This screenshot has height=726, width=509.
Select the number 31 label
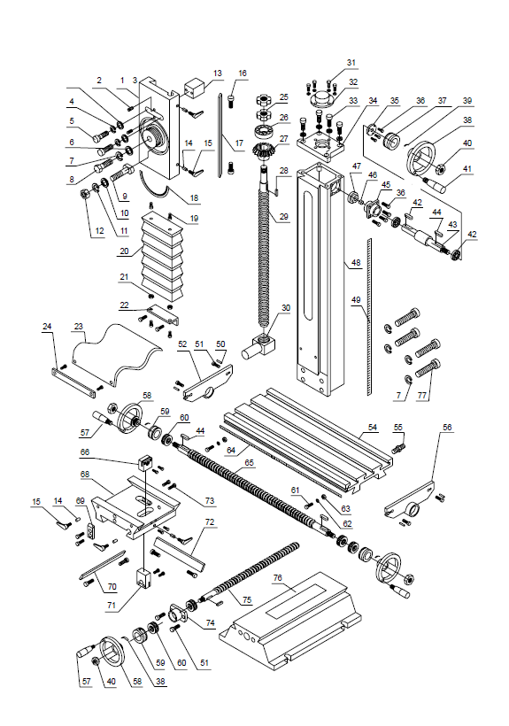coord(351,63)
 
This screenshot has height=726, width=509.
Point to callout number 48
coord(354,263)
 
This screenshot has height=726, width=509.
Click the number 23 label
coord(78,326)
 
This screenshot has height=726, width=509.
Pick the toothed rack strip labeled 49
coord(374,310)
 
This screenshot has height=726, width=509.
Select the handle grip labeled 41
coord(439,186)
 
